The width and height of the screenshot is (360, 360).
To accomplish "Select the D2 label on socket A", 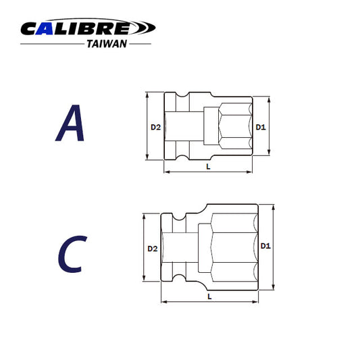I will pos(155,126).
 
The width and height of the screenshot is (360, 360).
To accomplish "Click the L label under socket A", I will pos(208,166).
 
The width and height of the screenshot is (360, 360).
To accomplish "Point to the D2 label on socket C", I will pos(152,249).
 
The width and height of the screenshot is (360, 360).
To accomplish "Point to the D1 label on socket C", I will pos(265,247).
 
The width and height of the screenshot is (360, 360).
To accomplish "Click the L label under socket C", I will pos(209,296).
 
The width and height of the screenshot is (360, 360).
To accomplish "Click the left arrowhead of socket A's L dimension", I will pos(165,173).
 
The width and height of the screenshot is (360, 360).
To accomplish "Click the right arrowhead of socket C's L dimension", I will pos(255,301).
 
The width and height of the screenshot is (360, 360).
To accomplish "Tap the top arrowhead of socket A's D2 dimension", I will pos(147,95).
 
